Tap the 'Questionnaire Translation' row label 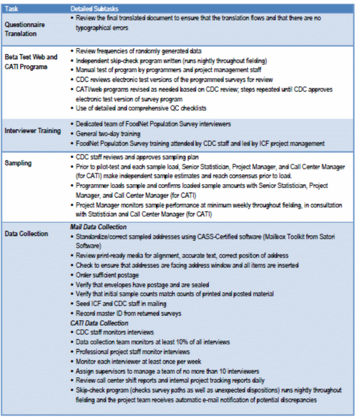[25, 29]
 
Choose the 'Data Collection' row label [26, 233]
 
